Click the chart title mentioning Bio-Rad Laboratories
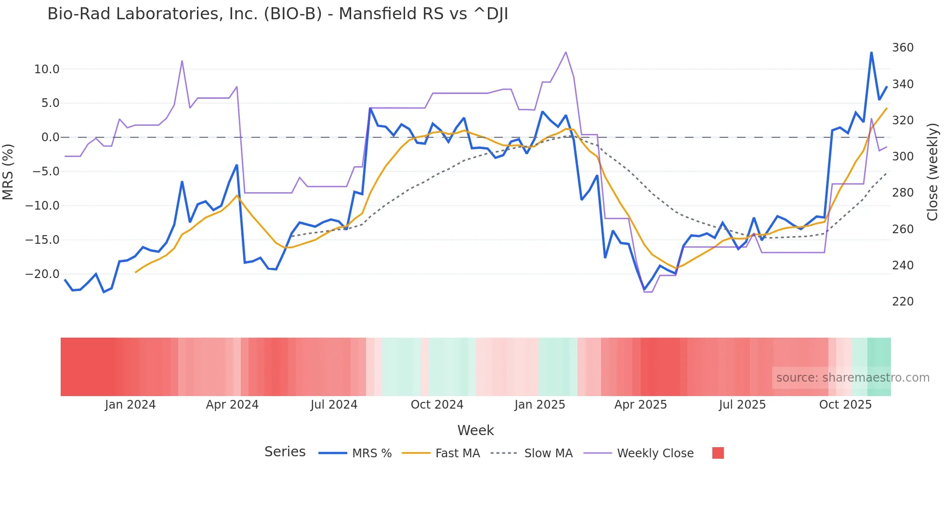[x=277, y=14]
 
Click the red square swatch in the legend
[x=718, y=453]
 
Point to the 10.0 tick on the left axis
[x=47, y=69]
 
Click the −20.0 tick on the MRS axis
[x=42, y=274]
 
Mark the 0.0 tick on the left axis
[x=50, y=137]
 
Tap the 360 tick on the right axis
[x=903, y=48]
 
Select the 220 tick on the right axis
[x=903, y=302]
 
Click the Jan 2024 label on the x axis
[x=130, y=405]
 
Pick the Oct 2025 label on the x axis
[x=845, y=405]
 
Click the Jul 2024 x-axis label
[x=334, y=405]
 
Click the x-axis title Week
[x=475, y=430]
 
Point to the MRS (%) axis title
[x=8, y=172]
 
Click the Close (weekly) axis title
[x=932, y=172]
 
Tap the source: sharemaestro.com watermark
[x=852, y=378]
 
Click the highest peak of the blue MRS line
[x=871, y=53]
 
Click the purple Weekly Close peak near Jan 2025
[x=565, y=52]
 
